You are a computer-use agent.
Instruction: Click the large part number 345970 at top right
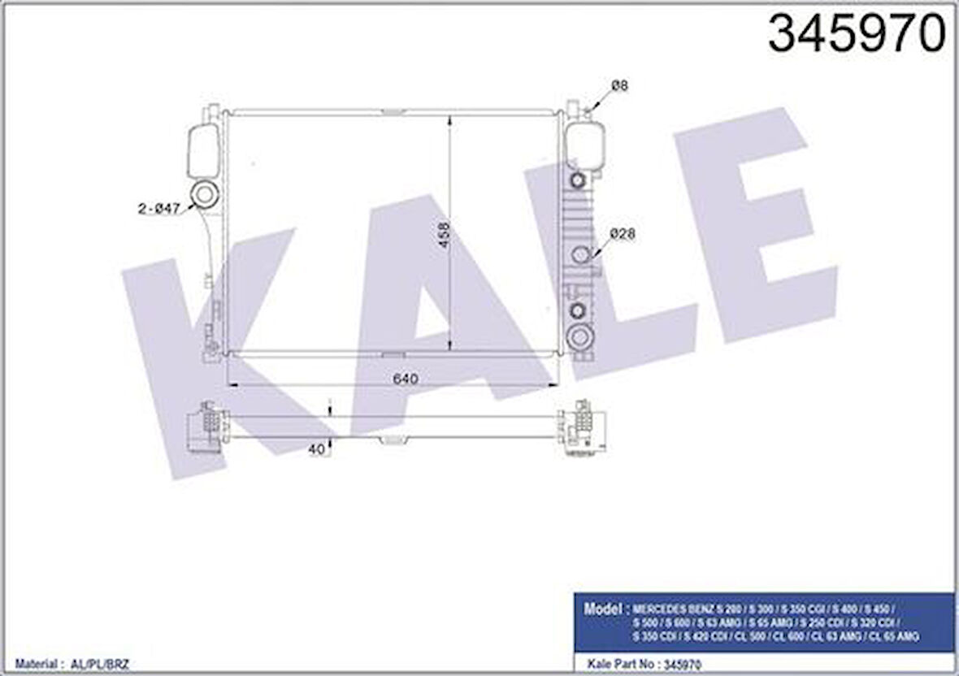point(857,35)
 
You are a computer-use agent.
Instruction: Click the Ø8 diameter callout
point(620,85)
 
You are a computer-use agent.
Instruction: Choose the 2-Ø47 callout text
point(158,209)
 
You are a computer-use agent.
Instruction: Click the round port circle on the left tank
point(204,194)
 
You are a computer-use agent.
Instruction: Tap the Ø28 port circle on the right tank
point(580,254)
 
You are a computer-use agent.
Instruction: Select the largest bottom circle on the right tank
point(579,336)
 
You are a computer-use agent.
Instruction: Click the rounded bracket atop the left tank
point(202,151)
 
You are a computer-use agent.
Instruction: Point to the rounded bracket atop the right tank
point(585,146)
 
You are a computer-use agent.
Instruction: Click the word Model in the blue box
point(603,608)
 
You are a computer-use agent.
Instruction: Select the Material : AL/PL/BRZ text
point(64,664)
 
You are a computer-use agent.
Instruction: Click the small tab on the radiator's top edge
point(393,110)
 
